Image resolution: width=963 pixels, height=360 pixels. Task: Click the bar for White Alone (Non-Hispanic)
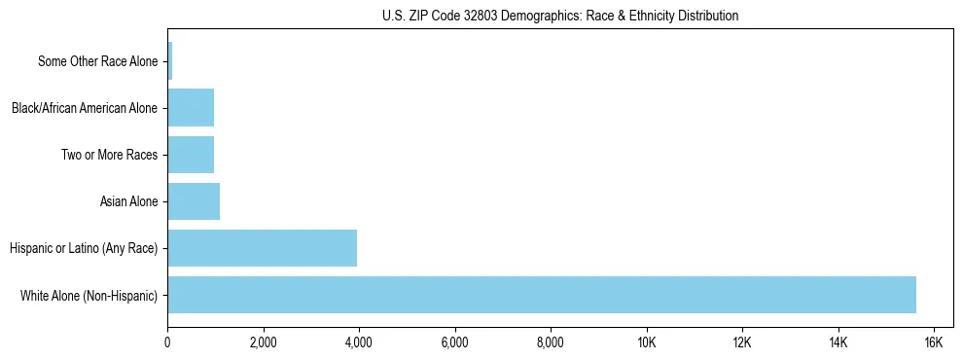(x=542, y=295)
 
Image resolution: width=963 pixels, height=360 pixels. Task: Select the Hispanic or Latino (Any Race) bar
(x=263, y=248)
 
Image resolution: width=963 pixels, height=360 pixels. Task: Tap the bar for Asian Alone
(x=194, y=201)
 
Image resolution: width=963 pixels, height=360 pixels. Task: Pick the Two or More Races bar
(x=191, y=155)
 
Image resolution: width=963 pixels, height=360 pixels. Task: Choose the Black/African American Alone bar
(x=191, y=108)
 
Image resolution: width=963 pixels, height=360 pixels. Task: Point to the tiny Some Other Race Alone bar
(x=170, y=61)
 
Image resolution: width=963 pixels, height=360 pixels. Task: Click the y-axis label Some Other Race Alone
(x=97, y=61)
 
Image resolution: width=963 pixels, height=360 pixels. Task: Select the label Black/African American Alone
(x=84, y=108)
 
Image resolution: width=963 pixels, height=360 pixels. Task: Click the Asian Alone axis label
(x=128, y=201)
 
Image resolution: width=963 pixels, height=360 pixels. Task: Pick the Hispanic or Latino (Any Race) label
(x=83, y=248)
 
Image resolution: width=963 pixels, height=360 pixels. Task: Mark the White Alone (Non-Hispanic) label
(x=89, y=295)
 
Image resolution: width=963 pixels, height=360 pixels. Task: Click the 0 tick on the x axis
(x=167, y=342)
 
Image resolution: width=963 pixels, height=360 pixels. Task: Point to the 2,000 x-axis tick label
(x=263, y=342)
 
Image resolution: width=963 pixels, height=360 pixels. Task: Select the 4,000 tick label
(x=359, y=342)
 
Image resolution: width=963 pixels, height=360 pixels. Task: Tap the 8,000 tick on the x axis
(x=551, y=342)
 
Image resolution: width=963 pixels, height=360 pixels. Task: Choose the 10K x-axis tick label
(x=646, y=342)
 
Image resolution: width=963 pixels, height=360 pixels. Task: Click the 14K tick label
(x=838, y=342)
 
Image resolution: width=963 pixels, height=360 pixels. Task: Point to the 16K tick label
(x=933, y=342)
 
